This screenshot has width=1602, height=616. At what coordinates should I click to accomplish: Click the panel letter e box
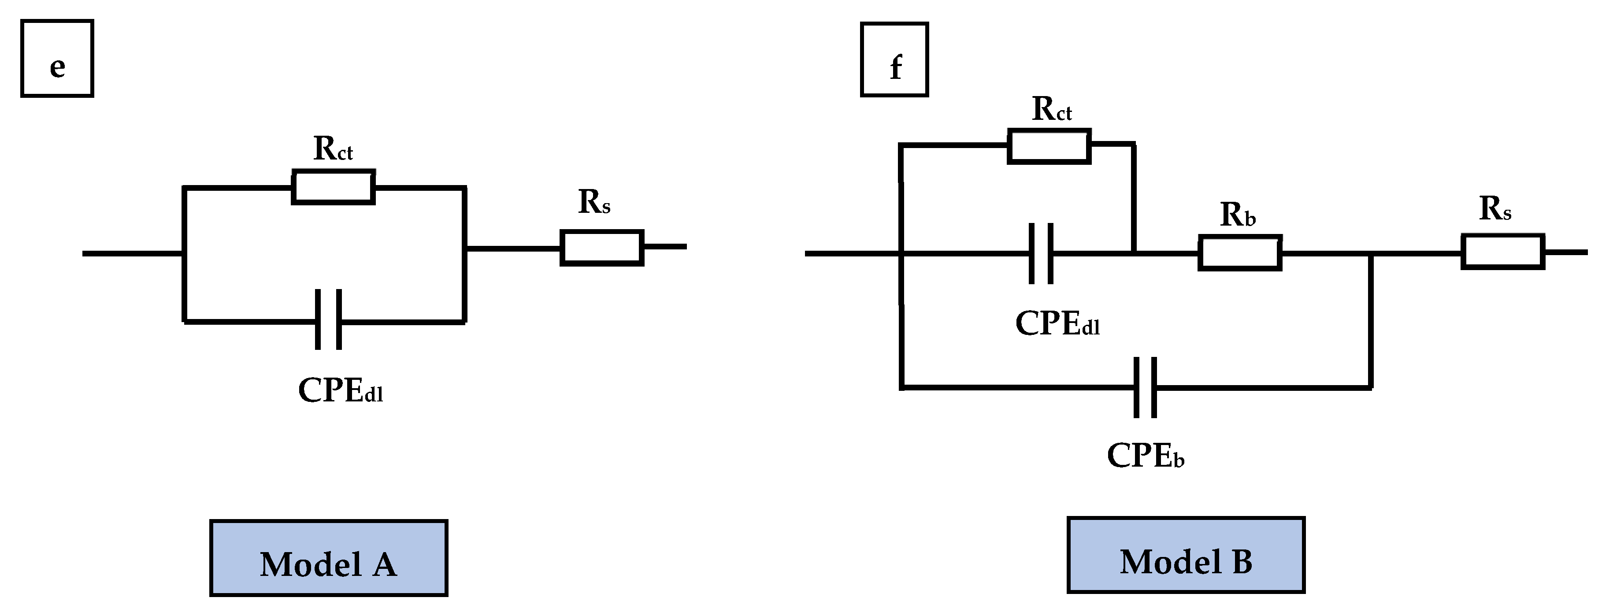[57, 59]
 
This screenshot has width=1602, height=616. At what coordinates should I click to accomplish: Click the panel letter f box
[894, 60]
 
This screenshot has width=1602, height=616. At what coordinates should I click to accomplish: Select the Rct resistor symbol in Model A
[334, 187]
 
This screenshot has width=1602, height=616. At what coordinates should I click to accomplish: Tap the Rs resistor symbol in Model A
[601, 248]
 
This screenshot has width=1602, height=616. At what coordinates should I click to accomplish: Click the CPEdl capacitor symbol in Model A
[328, 319]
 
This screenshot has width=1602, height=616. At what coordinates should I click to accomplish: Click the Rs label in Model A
[594, 202]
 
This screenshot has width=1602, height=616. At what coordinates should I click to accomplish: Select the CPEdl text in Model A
[340, 391]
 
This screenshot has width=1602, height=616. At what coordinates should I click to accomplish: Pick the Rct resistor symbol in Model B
[1049, 146]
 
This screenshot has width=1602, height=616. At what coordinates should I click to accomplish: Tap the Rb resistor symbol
[1239, 252]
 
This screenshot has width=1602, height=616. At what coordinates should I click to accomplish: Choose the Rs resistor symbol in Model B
[1502, 251]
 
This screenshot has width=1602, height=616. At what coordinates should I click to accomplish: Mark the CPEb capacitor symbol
[1145, 387]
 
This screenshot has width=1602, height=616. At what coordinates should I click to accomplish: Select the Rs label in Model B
[1495, 209]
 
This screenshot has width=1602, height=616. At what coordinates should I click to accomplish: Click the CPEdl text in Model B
[1057, 323]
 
